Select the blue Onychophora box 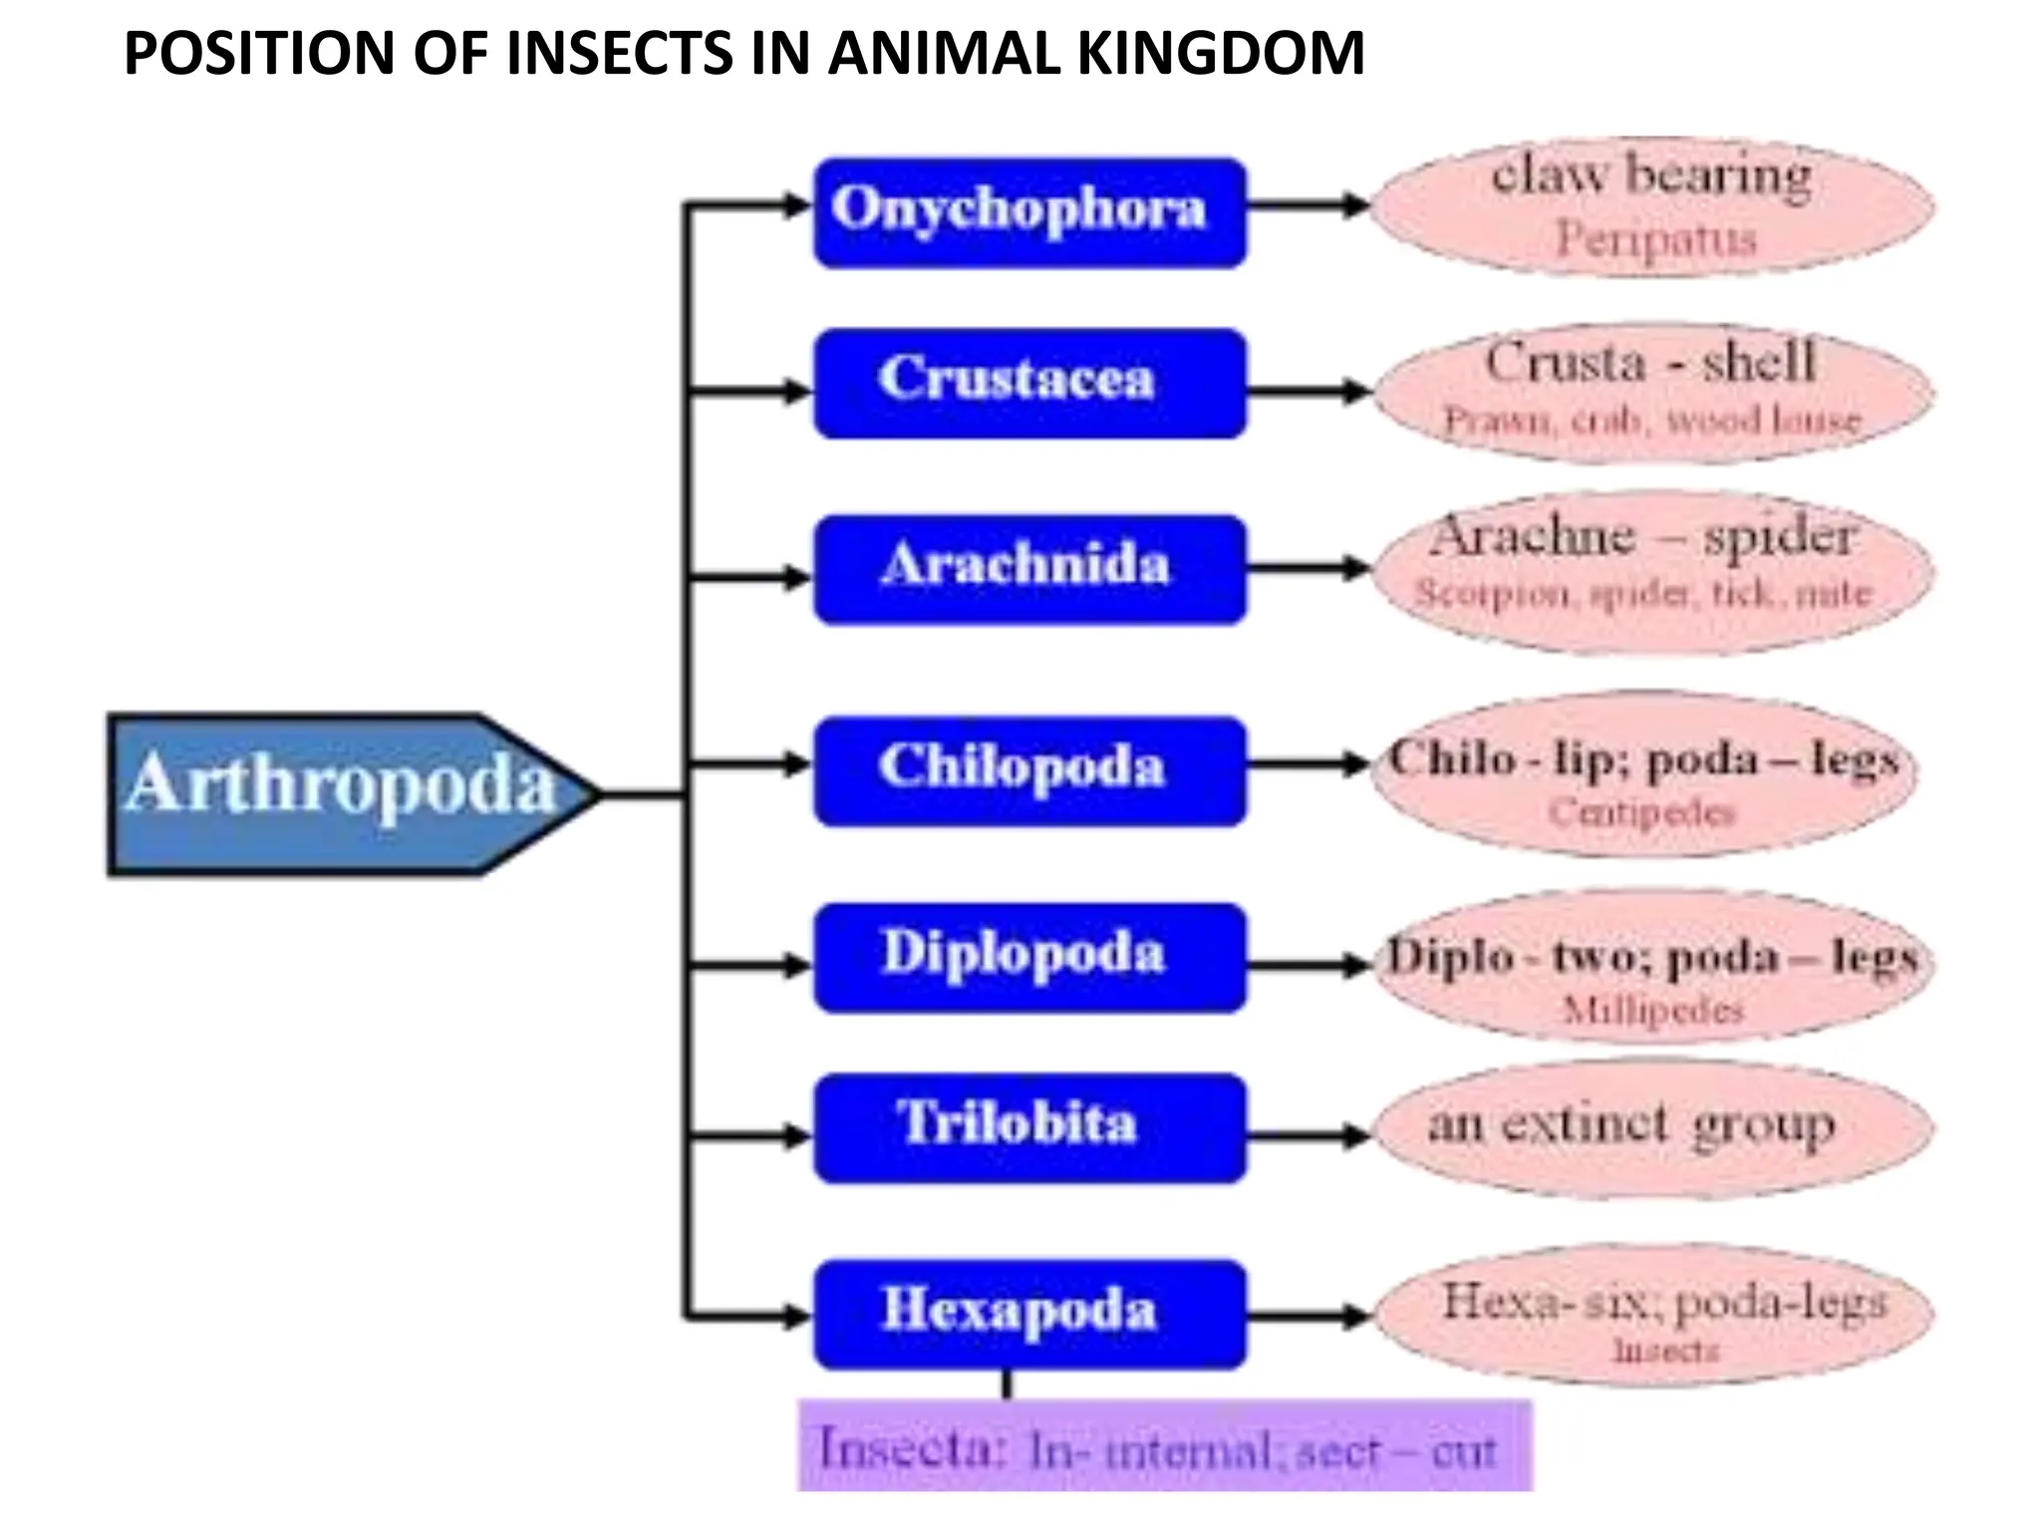click(x=1029, y=212)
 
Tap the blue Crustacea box click(x=1029, y=383)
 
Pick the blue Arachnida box click(x=1029, y=569)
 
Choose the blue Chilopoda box click(x=1029, y=770)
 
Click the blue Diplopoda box click(x=1029, y=957)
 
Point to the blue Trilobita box click(x=1029, y=1127)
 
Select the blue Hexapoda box click(x=1029, y=1314)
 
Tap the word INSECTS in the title click(x=620, y=54)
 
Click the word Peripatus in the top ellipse click(x=1655, y=240)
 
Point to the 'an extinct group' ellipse click(x=1652, y=1127)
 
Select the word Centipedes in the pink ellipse click(x=1642, y=813)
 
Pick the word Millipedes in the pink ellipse click(x=1652, y=1011)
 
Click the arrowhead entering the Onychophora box click(x=797, y=206)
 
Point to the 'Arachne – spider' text click(x=1642, y=538)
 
